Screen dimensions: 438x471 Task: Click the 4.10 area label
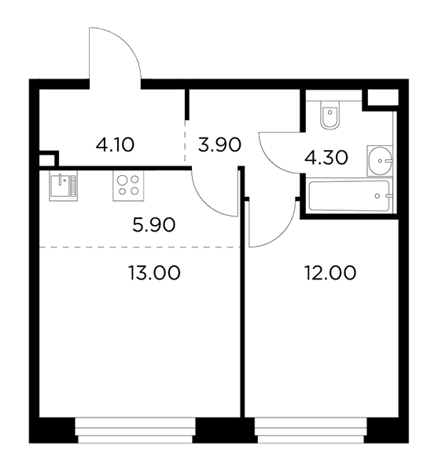point(115,144)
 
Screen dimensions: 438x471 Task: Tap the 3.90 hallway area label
point(219,144)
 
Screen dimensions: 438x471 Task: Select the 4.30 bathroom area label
point(326,158)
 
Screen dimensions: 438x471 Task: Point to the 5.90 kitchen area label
point(153,225)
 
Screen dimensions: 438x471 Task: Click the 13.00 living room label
point(154,272)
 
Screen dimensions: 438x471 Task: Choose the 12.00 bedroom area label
point(330,272)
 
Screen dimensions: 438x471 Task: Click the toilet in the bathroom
point(330,115)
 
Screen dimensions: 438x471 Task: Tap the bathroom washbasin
point(380,161)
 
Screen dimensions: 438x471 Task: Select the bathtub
point(349,195)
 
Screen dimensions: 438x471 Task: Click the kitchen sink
point(63,185)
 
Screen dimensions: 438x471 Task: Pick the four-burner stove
point(128,185)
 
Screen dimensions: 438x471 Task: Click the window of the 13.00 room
point(135,430)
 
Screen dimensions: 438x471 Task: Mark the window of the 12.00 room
point(311,430)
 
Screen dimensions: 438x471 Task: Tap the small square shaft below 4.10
point(48,159)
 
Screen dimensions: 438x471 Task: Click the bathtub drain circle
point(377,195)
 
